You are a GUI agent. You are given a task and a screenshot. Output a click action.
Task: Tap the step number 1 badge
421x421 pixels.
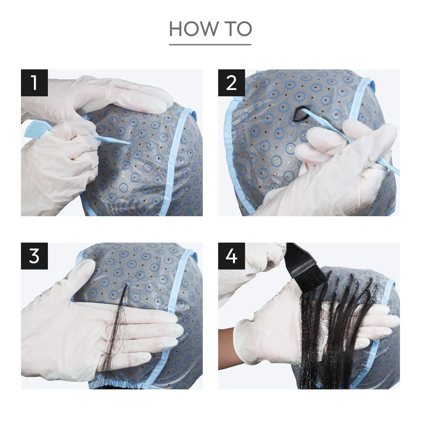coord(34,83)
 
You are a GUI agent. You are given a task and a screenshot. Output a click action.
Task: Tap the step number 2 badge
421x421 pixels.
coord(231,83)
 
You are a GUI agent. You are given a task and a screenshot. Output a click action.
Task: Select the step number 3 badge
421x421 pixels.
coord(34,256)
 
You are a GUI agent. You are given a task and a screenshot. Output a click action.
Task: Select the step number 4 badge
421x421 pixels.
coord(231,256)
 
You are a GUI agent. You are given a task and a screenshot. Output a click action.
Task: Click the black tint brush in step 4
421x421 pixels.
coord(303,265)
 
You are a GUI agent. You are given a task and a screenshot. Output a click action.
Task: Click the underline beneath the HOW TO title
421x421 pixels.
coord(210,45)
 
